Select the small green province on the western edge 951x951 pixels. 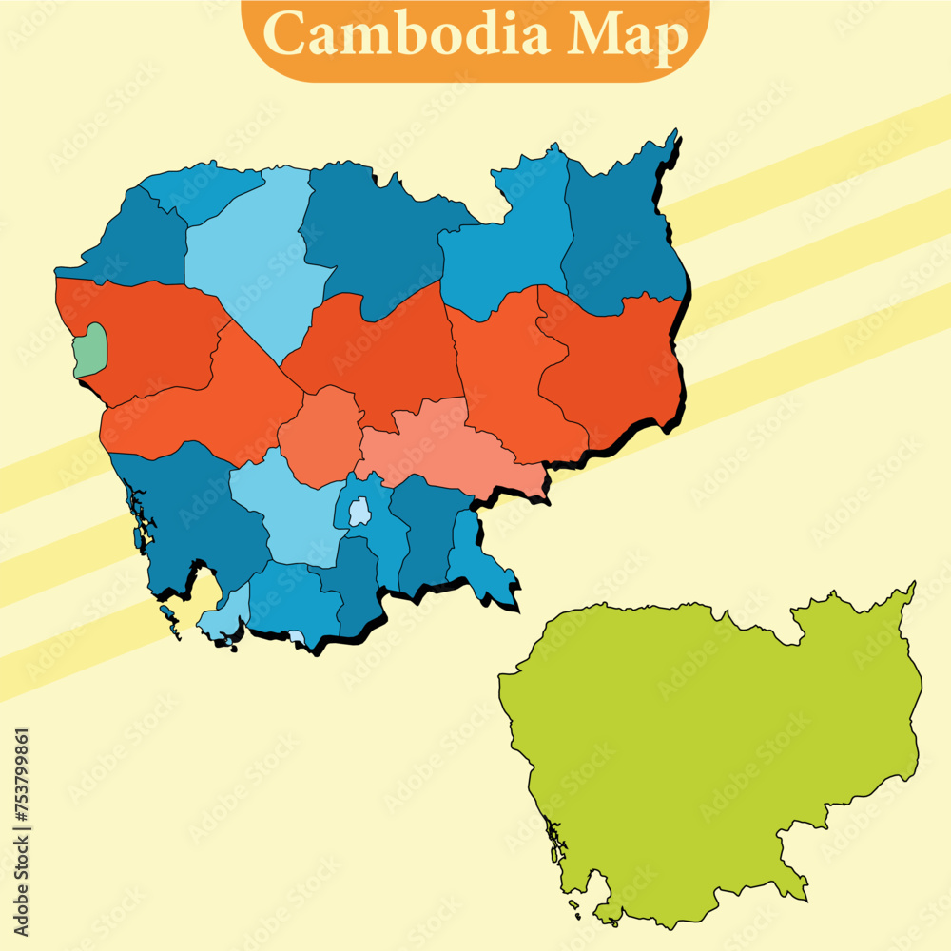click(89, 349)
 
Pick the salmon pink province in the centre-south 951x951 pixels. click(447, 442)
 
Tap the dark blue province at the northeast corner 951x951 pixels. click(623, 228)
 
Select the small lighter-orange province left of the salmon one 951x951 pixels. click(321, 433)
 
